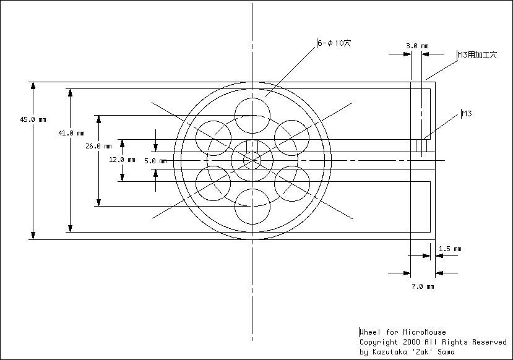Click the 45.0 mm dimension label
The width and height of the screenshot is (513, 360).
tap(33, 119)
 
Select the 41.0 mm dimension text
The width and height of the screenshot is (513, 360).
tap(71, 133)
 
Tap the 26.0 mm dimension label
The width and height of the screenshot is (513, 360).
tap(98, 146)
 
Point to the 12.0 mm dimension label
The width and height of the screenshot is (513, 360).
tap(122, 160)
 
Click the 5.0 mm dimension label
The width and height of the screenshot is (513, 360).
tap(155, 161)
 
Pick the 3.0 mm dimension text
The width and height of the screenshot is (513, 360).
tap(417, 46)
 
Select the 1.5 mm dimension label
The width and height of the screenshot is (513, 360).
tap(450, 249)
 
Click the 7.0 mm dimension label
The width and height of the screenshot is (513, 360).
tap(423, 287)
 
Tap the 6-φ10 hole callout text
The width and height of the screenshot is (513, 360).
tap(334, 43)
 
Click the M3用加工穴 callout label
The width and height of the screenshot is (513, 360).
tap(477, 54)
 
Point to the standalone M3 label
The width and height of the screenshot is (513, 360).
tap(467, 114)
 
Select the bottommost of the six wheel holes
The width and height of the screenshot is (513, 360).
tap(252, 225)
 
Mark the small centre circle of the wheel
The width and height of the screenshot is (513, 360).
tap(252, 152)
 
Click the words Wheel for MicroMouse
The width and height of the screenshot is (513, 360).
tap(403, 332)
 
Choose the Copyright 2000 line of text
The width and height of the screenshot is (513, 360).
tap(433, 342)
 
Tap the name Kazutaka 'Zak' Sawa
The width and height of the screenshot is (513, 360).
tap(413, 352)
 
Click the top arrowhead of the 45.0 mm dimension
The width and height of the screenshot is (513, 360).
tap(33, 85)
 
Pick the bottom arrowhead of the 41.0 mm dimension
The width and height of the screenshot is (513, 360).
tap(70, 228)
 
